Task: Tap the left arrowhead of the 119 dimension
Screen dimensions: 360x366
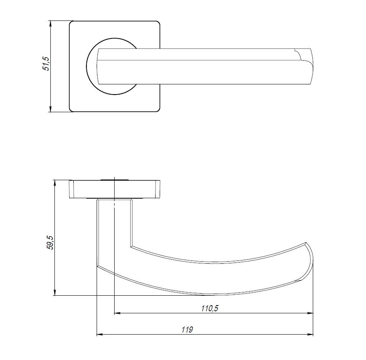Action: coord(99,335)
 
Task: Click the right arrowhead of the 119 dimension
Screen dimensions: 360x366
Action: coord(310,335)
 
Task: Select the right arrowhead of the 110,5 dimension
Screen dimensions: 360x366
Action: coord(310,314)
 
